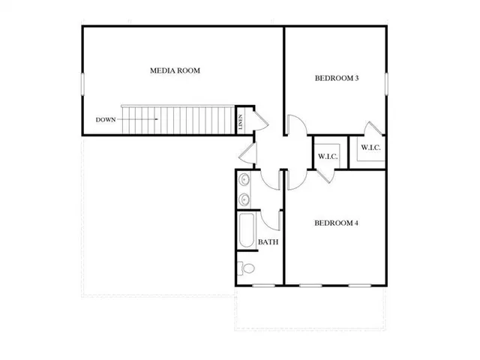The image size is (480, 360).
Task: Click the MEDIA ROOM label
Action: click(175, 71)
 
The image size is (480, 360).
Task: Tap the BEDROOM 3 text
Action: click(335, 78)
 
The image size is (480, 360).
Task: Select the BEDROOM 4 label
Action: click(335, 222)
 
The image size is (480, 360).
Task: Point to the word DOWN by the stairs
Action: click(106, 119)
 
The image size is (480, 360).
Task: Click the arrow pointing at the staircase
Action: click(143, 119)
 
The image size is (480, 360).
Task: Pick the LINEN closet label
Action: click(241, 120)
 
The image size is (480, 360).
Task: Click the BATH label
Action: click(268, 242)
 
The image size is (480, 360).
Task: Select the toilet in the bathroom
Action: click(247, 268)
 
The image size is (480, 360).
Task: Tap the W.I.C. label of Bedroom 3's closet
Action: click(370, 148)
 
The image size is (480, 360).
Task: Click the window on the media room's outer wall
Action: click(82, 83)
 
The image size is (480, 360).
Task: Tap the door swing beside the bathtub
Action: click(271, 220)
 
